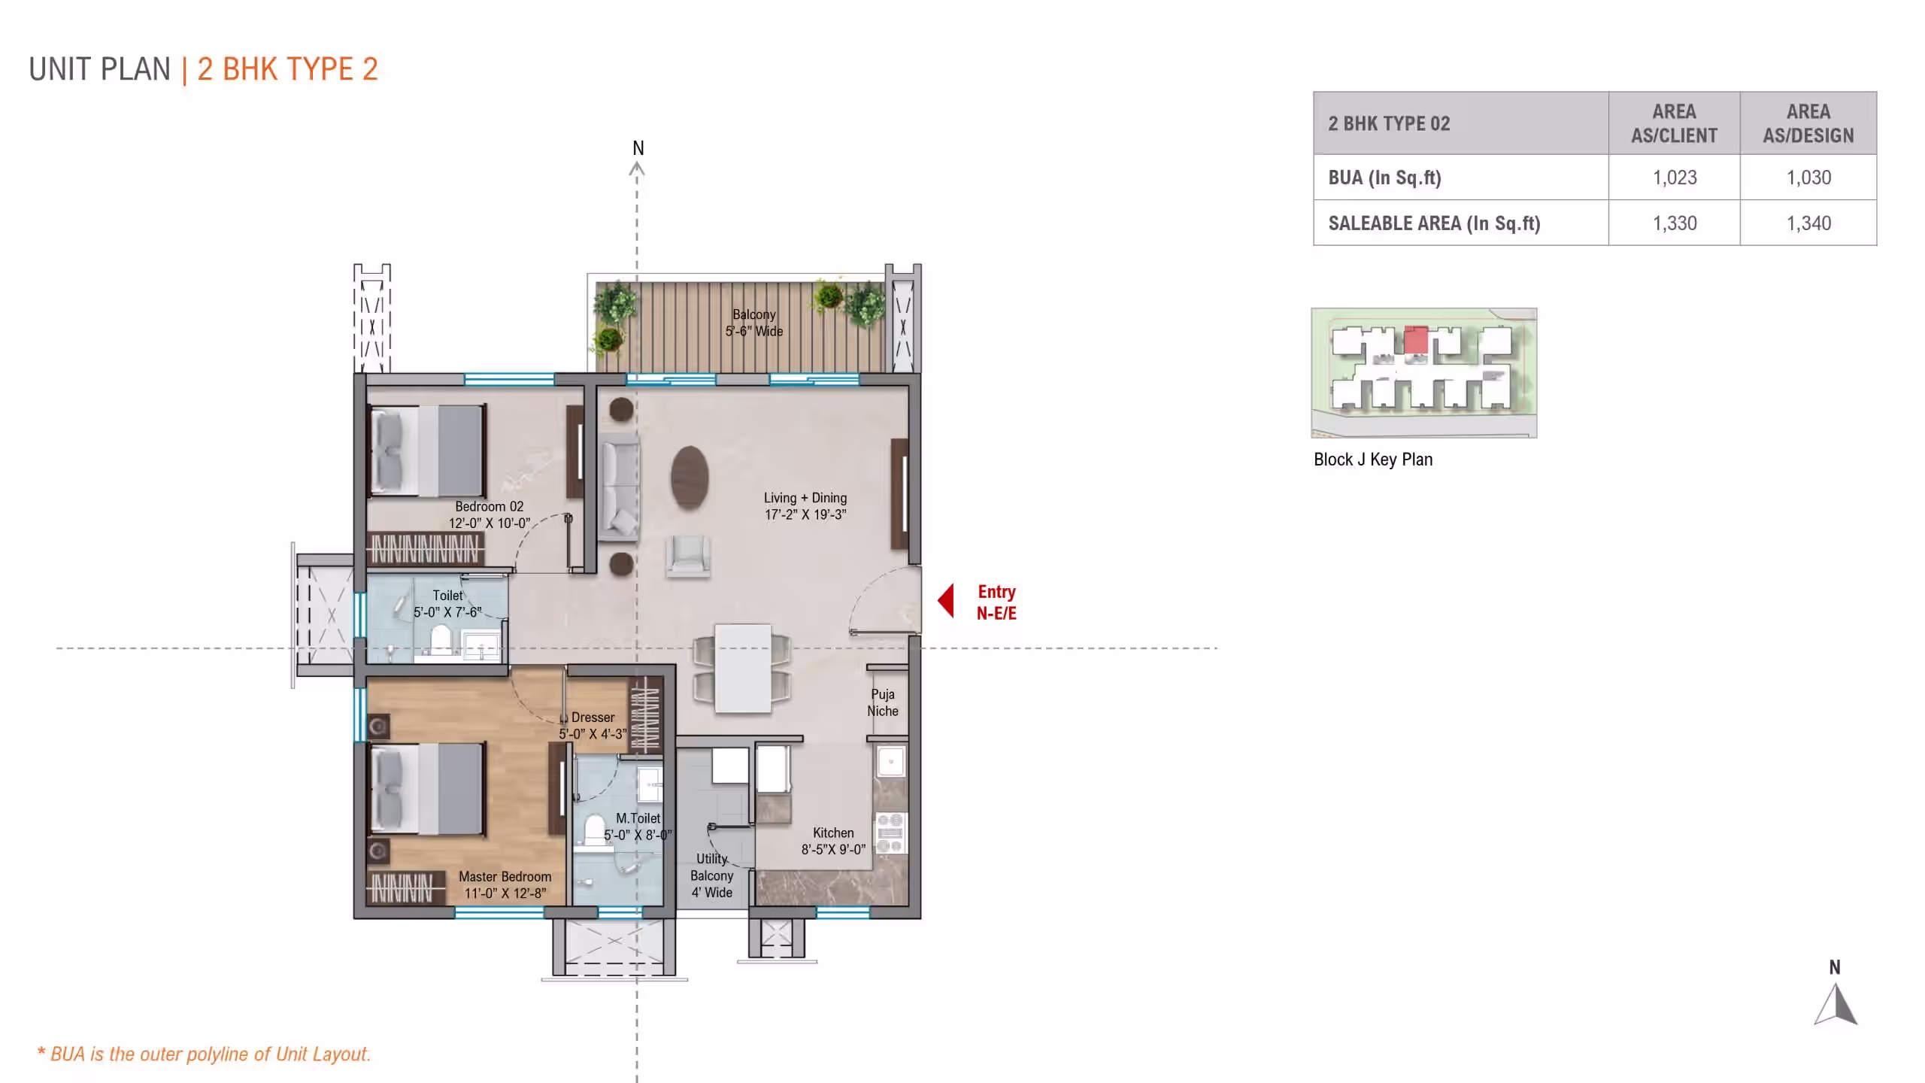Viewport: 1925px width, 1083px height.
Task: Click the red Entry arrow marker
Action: point(946,601)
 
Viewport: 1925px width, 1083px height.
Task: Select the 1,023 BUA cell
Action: point(1674,177)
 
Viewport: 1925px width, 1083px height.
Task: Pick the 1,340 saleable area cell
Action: point(1808,223)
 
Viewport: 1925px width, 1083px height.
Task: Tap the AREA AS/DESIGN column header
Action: point(1808,123)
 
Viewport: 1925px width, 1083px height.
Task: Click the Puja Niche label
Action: point(883,702)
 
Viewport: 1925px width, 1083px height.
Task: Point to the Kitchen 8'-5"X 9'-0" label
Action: point(833,841)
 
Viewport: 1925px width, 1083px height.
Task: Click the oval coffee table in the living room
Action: point(690,478)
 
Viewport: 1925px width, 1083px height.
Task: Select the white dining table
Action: point(743,668)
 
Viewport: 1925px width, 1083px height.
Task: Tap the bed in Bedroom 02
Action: point(428,450)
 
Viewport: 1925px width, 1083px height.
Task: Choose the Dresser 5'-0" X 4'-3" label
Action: point(593,726)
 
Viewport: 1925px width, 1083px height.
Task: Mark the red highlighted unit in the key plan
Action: point(1416,340)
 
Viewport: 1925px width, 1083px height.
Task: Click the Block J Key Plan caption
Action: point(1373,460)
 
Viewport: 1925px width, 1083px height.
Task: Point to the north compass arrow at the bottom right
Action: point(1836,1004)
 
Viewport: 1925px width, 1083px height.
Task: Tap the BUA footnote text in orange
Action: point(205,1054)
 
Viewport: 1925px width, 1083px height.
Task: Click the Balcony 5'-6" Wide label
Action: point(754,323)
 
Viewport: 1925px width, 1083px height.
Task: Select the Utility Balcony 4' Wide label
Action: point(712,875)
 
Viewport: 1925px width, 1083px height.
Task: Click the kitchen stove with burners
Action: point(890,833)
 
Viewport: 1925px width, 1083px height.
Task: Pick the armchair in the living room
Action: point(687,557)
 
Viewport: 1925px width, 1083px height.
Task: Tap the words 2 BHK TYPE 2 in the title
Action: point(287,69)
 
